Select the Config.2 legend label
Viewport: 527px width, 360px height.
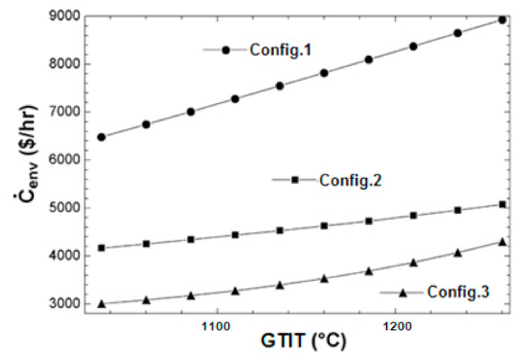point(350,180)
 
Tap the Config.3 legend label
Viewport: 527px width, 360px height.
point(458,292)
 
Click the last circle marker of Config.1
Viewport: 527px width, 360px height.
point(503,20)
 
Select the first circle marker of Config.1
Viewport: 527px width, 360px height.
point(101,137)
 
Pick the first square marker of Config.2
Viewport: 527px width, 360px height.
point(101,248)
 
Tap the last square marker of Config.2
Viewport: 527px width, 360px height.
point(503,204)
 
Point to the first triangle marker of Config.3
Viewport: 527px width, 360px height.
point(101,304)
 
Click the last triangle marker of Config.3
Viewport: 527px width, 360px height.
point(503,242)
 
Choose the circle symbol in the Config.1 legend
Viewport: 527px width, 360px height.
point(226,50)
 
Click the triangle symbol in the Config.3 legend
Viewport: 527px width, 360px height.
point(402,292)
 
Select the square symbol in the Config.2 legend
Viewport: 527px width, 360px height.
point(295,180)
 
